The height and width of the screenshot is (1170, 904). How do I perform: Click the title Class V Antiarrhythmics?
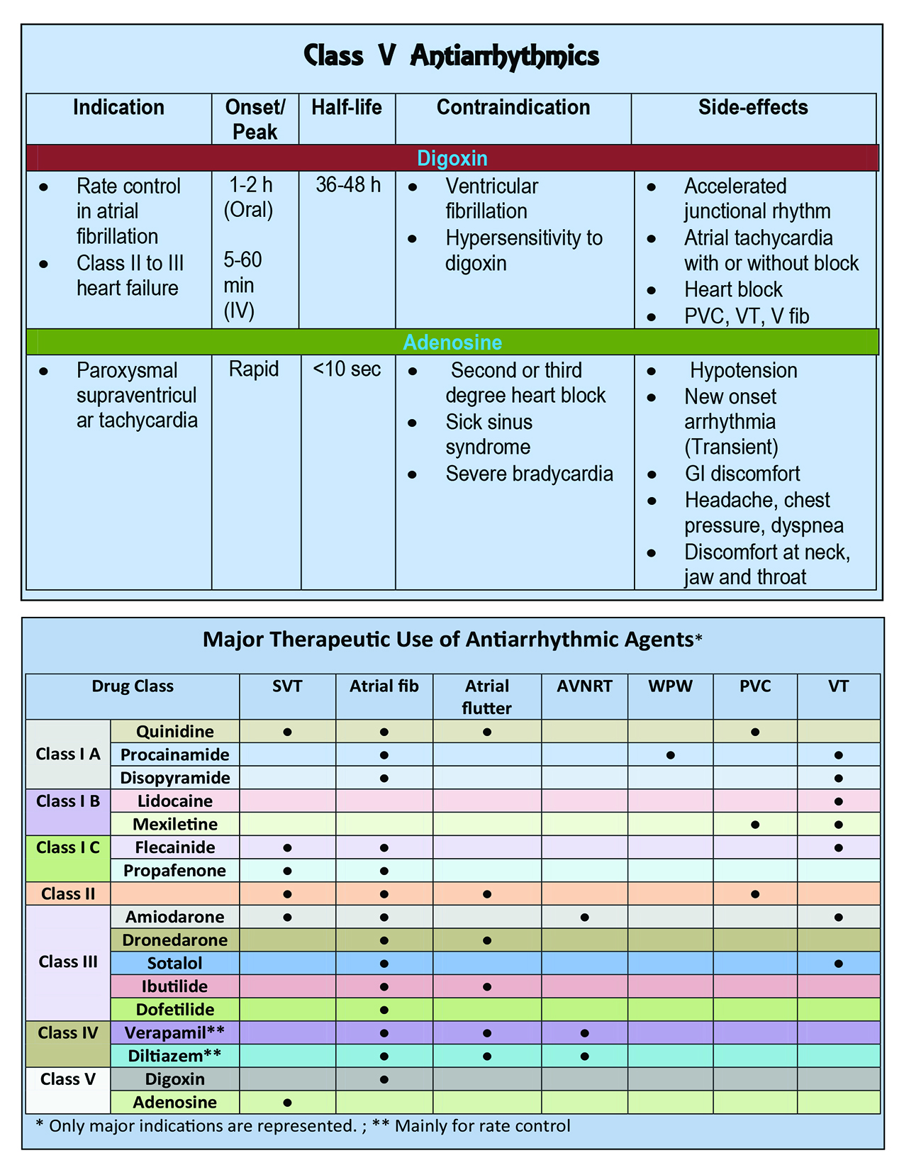pos(452,55)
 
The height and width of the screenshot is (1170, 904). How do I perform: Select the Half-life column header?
pos(347,108)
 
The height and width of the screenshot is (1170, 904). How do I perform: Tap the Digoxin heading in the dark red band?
pos(452,158)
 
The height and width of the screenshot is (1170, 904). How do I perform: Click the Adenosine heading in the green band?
pos(452,342)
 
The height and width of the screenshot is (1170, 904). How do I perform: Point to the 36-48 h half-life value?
pos(347,185)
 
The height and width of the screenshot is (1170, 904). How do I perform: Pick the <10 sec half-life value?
pos(347,369)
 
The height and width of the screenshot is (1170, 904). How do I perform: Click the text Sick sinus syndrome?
pos(489,435)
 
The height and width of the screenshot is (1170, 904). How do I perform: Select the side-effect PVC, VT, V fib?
pos(747,316)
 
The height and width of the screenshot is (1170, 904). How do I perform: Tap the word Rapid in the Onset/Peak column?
pos(254,369)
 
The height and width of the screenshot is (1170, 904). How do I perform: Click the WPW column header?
pos(670,686)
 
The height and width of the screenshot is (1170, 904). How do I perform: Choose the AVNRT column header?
pos(584,686)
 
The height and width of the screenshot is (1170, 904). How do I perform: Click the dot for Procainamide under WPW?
pos(670,755)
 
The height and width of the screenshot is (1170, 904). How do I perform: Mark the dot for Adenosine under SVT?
pos(287,1103)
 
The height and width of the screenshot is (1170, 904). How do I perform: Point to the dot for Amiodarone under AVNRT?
pos(584,918)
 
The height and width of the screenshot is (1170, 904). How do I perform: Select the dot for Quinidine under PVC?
pos(755,732)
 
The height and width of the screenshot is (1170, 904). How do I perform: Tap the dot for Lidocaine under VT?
pos(839,802)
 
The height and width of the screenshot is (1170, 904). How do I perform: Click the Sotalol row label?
pos(174,964)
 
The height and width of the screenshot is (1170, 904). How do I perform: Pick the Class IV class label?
pos(68,1033)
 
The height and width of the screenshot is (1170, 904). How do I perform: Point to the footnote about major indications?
pos(303,1126)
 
